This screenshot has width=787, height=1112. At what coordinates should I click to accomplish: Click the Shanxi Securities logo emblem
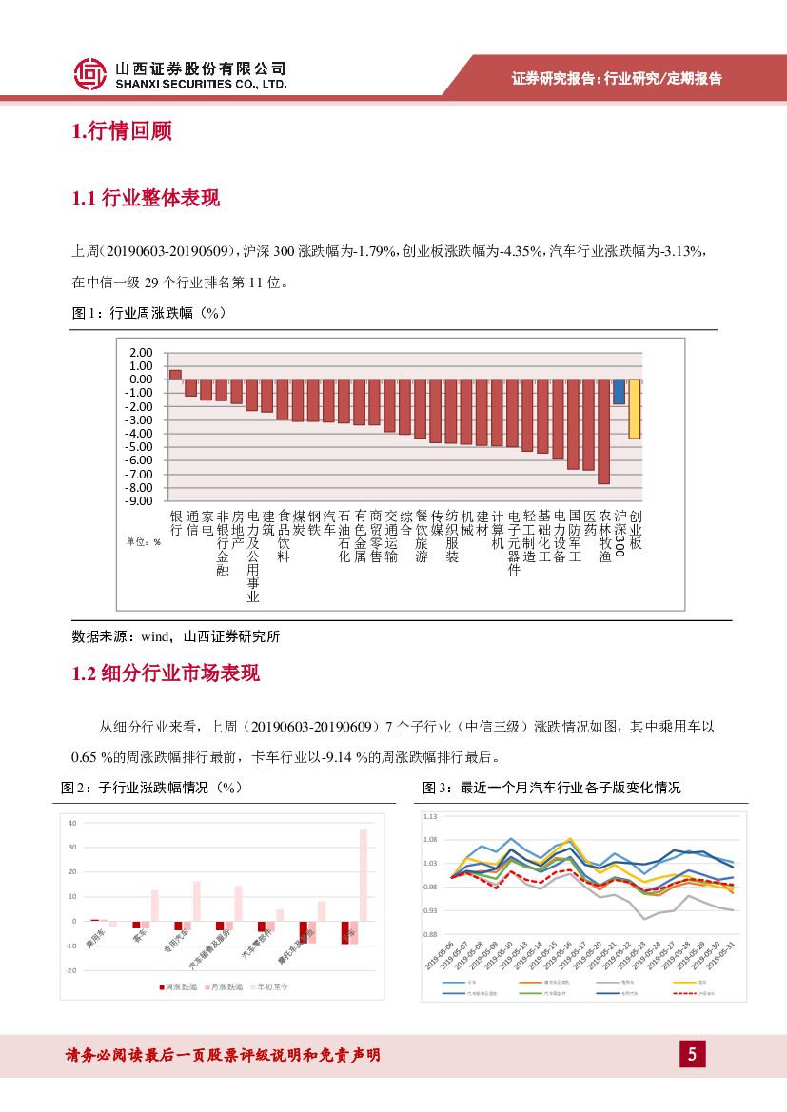[x=90, y=74]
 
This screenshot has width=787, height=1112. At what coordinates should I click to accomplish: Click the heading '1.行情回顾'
[x=122, y=132]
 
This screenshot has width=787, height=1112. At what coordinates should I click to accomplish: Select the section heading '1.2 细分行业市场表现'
[x=166, y=674]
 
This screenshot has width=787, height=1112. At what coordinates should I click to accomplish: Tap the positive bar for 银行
[x=175, y=374]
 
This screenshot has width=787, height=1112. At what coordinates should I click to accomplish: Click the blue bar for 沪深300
[x=619, y=392]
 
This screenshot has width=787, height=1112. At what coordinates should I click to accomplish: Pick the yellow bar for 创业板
[x=634, y=409]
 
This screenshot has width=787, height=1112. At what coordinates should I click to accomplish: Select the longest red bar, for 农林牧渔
[x=603, y=432]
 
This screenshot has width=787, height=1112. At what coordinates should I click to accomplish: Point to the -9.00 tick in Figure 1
[x=140, y=500]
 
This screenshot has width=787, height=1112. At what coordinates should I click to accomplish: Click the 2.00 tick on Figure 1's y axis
[x=142, y=352]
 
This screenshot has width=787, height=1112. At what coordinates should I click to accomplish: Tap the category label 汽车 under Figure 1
[x=329, y=522]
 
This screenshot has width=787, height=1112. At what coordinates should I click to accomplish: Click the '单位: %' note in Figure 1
[x=144, y=541]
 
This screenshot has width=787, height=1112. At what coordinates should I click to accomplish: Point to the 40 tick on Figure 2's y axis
[x=72, y=822]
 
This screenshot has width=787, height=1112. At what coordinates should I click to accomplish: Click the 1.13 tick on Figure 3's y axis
[x=430, y=816]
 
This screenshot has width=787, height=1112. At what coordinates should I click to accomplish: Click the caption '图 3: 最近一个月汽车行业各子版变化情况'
[x=551, y=788]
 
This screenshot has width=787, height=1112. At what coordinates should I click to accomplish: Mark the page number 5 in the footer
[x=692, y=1054]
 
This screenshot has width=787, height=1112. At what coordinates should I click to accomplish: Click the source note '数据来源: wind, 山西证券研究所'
[x=176, y=636]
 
